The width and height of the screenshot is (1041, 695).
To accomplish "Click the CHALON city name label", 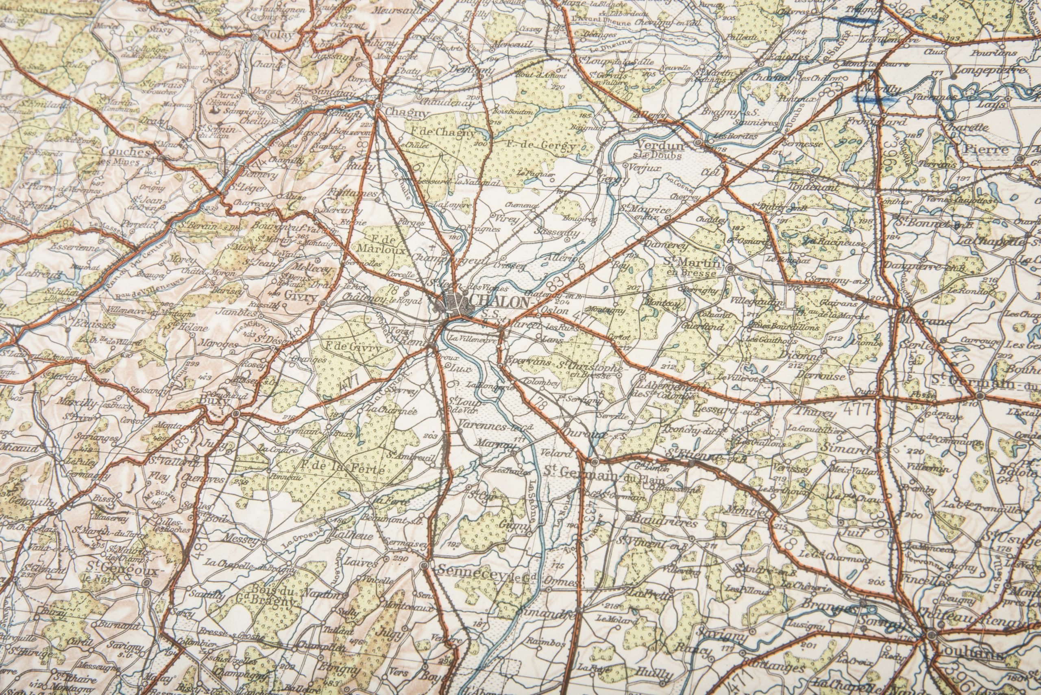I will (x=500, y=302).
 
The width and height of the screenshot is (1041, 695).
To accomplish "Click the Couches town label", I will (x=126, y=152).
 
